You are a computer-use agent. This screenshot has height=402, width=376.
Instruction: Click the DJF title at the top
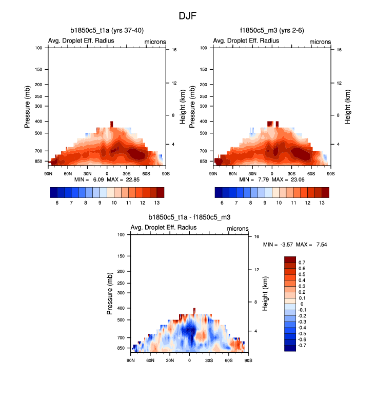point(187,16)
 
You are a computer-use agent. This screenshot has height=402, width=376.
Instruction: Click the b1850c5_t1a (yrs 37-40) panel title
point(107,30)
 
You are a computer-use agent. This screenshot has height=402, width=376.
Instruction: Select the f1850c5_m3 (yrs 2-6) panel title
point(271,30)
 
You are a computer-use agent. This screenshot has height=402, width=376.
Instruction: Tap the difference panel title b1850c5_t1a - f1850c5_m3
point(189,217)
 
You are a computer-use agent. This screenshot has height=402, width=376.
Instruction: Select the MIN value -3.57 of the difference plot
point(284,245)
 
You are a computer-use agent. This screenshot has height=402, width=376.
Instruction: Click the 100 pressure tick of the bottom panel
point(122,235)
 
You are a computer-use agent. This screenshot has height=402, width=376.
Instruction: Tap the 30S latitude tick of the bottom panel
point(209,360)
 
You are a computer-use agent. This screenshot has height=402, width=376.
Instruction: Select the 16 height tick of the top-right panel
point(332,50)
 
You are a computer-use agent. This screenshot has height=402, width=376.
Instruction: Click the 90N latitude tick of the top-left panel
point(49,174)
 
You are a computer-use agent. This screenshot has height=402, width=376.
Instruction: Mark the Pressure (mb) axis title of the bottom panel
point(110,293)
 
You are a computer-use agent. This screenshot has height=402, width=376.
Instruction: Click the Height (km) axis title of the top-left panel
point(183,107)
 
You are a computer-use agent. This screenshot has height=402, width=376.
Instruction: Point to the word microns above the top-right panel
point(320,42)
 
